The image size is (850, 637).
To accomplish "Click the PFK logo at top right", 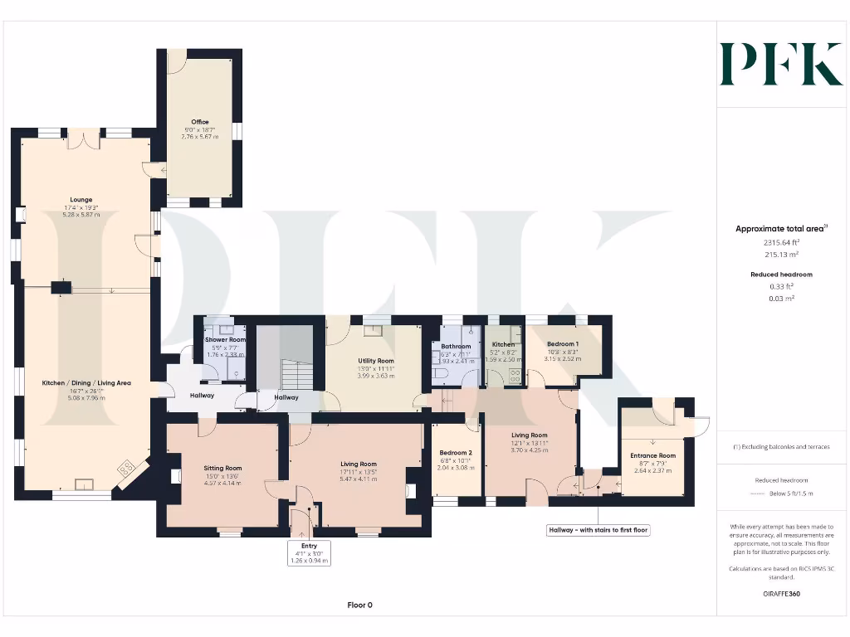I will (781, 64).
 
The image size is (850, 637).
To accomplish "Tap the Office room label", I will (200, 122).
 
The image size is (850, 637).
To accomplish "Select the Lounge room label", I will (81, 200).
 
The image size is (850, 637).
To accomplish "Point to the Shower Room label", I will (226, 339).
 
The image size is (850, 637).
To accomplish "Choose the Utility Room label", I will (375, 361).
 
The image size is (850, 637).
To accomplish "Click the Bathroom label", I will (456, 347).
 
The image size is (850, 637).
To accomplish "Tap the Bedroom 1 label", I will (563, 343).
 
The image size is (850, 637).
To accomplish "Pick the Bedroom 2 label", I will (455, 452).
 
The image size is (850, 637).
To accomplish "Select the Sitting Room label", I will (222, 469).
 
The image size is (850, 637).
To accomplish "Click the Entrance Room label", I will (652, 455).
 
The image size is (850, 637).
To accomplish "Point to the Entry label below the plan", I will (310, 546).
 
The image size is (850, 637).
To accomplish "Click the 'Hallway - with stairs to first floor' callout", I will (598, 529).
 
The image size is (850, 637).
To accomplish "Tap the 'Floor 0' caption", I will (359, 605).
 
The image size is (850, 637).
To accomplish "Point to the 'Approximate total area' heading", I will (769, 229).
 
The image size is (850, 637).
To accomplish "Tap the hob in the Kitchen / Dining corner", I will (127, 469).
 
